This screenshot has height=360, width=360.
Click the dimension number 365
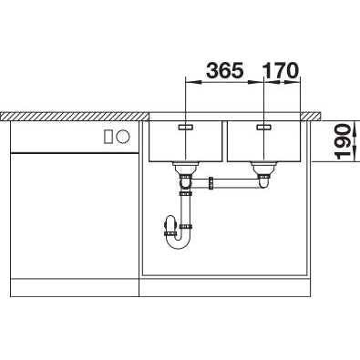tap(225, 70)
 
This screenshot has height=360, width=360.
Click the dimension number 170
tap(280, 70)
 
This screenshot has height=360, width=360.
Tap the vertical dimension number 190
tap(344, 141)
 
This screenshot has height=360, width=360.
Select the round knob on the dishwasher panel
tap(123, 136)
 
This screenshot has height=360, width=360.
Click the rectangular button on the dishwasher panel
tap(108, 136)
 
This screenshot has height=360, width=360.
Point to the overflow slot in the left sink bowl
tap(185, 127)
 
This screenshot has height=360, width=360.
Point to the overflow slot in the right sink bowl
tap(263, 127)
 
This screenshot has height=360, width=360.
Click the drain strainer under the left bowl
tap(185, 168)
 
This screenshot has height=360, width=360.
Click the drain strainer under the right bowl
tap(263, 168)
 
